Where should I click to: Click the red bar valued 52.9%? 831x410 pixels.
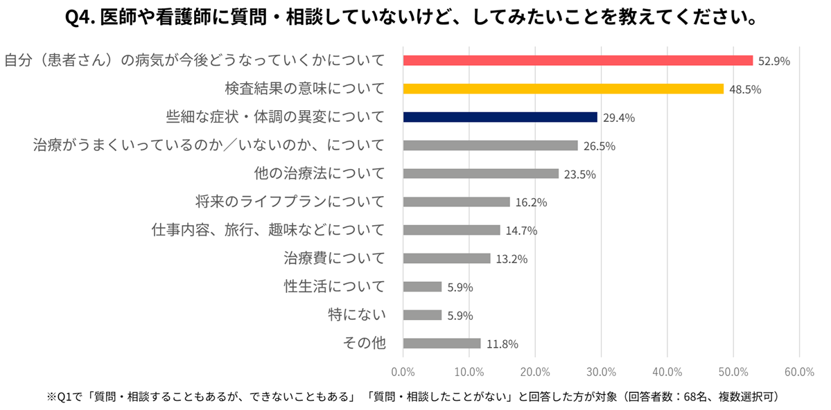577,60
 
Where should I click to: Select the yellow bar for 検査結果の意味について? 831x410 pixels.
563,89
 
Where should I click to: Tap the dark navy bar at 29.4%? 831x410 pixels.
500,117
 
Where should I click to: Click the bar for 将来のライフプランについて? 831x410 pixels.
456,202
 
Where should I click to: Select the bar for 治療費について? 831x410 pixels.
446,258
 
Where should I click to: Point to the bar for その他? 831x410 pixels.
441,344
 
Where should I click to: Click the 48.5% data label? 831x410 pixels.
745,89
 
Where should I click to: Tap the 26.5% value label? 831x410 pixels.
600,146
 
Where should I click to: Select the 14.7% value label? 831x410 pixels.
521,231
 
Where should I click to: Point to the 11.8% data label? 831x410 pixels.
502,344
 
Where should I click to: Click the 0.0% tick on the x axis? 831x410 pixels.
403,371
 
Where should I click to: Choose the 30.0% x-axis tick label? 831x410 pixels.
602,371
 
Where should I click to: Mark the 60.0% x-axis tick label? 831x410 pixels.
799,371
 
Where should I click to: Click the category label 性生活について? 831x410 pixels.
334,287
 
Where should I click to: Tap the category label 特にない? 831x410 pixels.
356,315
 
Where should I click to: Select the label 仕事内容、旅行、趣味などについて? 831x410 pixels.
268,230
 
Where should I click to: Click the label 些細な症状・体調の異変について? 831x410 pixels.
275,117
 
